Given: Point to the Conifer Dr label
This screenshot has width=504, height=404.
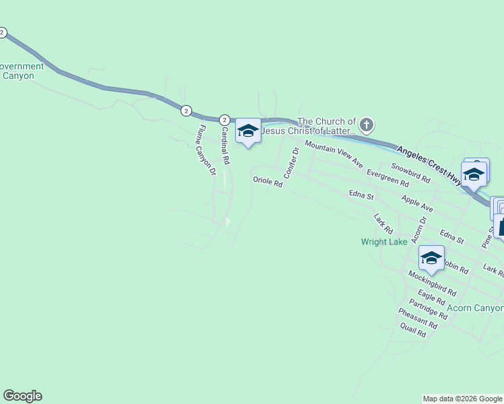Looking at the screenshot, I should [290, 163].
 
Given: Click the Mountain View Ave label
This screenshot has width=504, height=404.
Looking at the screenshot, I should [334, 154].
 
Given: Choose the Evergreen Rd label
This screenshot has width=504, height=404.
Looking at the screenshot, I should [387, 178].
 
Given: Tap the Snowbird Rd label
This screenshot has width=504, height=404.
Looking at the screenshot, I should [410, 173].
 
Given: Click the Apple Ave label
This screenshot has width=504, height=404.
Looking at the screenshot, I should [416, 204].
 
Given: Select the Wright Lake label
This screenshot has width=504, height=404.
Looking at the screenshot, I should [384, 242].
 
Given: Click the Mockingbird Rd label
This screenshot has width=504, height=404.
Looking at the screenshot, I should [432, 283].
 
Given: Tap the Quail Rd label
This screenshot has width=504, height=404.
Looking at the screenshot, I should [412, 329].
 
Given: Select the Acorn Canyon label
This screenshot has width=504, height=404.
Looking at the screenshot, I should [476, 308].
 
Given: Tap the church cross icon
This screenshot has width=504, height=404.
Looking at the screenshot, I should [366, 125].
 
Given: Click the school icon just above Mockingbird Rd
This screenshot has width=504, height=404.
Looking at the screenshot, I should [431, 258].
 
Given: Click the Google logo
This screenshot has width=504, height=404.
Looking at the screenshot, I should [22, 396].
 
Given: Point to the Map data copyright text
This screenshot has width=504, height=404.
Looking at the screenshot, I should [462, 399].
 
